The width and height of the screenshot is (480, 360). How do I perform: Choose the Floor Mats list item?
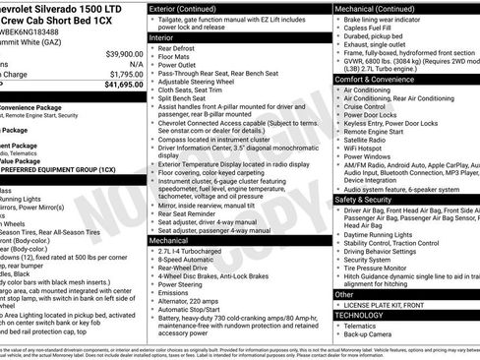(x=178, y=58)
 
